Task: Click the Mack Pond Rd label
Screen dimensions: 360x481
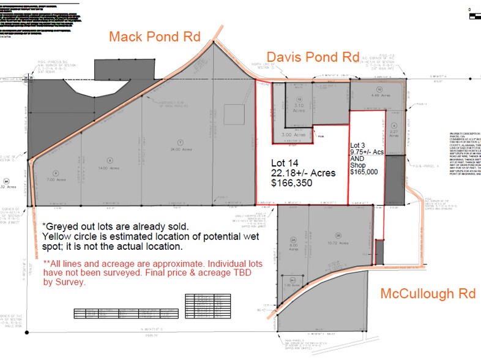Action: click(154, 36)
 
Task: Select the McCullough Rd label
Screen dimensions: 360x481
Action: click(428, 293)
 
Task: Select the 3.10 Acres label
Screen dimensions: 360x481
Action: click(299, 105)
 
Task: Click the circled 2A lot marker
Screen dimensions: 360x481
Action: click(293, 240)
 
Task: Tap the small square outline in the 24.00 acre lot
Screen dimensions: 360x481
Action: click(233, 114)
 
